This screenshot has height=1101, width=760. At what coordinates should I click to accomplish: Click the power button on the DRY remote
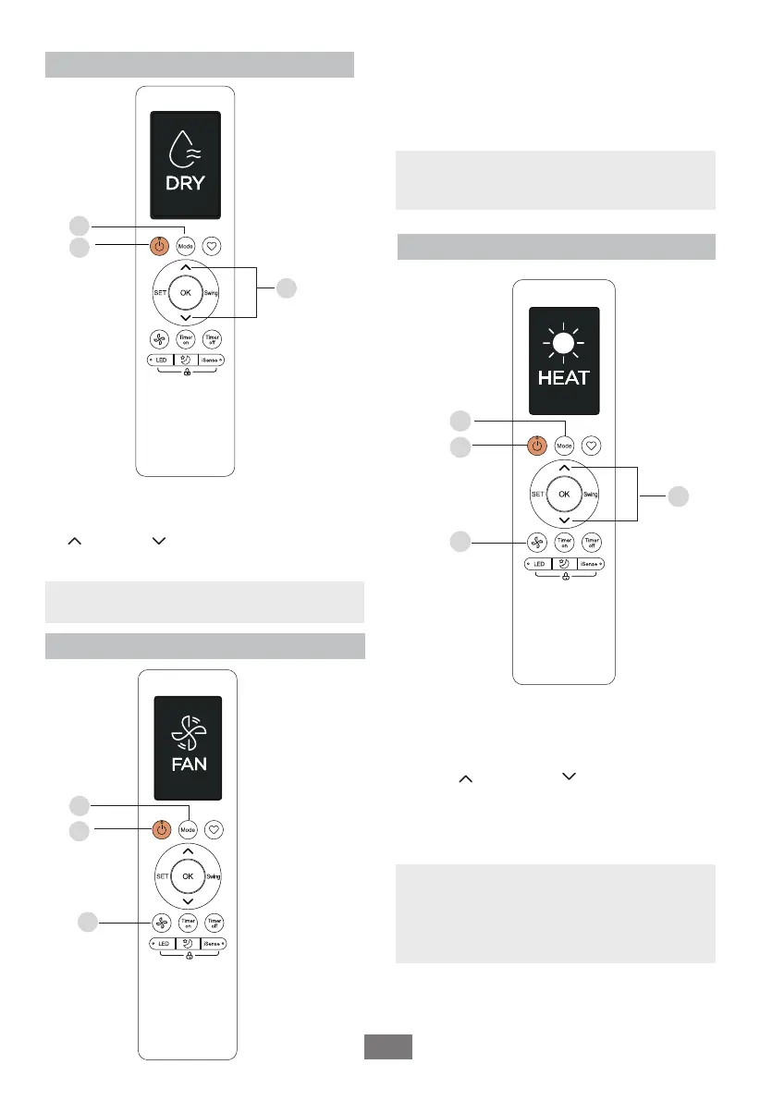159,247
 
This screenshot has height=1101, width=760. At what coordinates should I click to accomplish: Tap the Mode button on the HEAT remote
564,445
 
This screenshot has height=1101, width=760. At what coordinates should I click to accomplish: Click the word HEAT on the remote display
564,379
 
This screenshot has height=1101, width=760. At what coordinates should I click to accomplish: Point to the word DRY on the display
186,183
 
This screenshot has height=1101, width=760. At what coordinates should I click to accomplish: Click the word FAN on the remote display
188,765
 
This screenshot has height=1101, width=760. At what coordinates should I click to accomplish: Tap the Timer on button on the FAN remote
188,922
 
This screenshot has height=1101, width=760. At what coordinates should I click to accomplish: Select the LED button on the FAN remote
163,943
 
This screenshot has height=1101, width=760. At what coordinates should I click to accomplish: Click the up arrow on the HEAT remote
564,470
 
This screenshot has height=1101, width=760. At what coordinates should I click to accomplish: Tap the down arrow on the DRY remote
186,318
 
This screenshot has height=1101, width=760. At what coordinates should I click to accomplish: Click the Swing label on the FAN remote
214,875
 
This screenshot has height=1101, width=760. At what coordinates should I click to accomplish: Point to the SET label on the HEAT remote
537,495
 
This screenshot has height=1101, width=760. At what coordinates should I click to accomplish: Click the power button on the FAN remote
161,830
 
